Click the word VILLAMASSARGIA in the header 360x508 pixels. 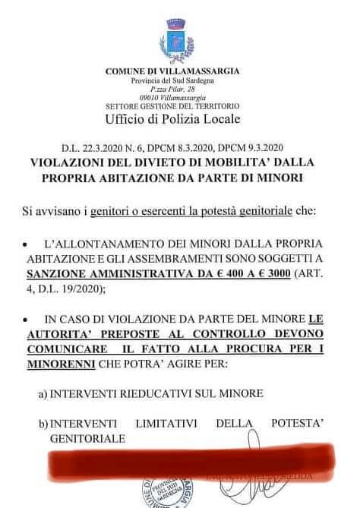(195, 71)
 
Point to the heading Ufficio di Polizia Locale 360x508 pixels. (174, 120)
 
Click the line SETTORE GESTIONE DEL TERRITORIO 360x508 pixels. (173, 107)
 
